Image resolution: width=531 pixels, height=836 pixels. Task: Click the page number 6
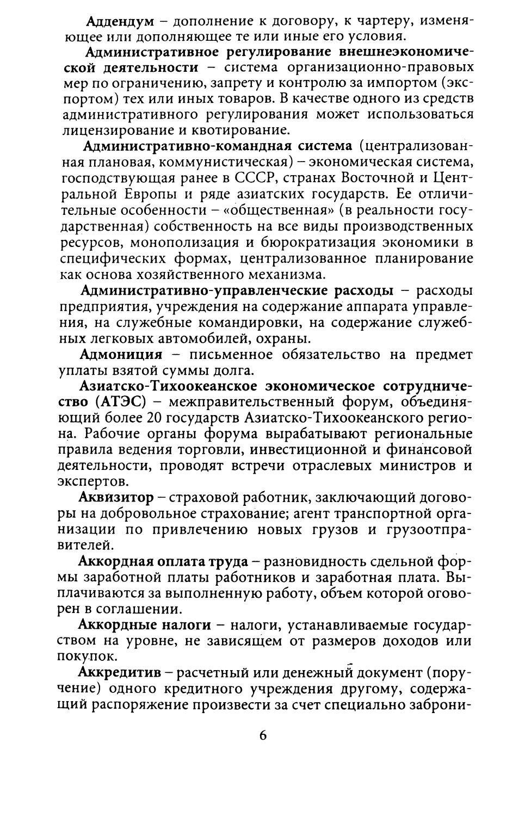coord(263,735)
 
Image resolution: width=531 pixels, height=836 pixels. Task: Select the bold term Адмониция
coord(121,355)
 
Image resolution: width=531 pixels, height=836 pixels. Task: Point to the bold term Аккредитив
coord(120,672)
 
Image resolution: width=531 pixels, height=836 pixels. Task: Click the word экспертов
coord(93,481)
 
